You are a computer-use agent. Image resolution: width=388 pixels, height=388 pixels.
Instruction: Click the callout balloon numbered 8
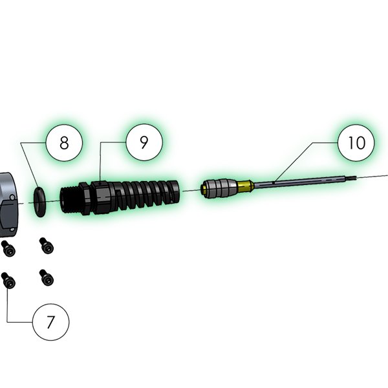[64, 143]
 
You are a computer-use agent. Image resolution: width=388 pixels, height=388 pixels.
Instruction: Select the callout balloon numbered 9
[144, 142]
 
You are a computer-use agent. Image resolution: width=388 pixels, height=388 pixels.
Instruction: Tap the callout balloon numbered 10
[356, 143]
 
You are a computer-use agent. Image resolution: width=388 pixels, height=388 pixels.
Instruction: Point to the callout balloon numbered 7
[50, 322]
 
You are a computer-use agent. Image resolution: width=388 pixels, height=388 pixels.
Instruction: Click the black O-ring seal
[39, 202]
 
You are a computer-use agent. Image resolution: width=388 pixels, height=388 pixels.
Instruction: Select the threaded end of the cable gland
[69, 199]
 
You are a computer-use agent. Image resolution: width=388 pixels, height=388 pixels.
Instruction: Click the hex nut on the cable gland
[85, 199]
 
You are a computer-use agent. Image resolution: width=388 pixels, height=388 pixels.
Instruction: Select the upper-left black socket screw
[8, 249]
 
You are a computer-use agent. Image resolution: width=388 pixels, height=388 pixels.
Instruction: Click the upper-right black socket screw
[47, 246]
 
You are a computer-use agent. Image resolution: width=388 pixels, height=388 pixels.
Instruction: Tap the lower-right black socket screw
[47, 277]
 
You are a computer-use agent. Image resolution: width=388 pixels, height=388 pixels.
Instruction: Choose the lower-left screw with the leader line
[8, 281]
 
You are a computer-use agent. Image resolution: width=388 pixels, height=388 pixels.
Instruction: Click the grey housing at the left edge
[8, 205]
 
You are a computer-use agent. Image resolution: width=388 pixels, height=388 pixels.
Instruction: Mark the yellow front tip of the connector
[204, 189]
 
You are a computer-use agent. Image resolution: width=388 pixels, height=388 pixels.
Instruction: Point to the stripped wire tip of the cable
[351, 177]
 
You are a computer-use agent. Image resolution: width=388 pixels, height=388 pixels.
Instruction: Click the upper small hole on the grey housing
[12, 197]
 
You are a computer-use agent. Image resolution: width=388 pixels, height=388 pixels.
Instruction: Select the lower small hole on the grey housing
[12, 230]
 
